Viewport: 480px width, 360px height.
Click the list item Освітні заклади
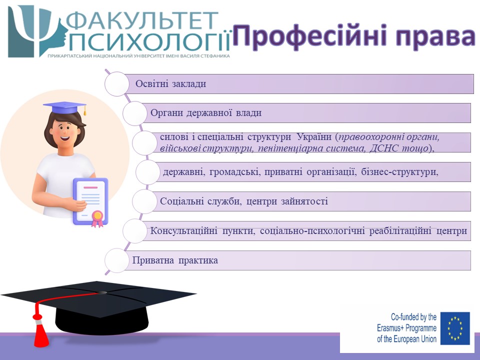tap(171, 83)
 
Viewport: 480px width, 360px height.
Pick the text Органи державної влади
tap(206, 112)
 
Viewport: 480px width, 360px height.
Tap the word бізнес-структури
tap(399, 171)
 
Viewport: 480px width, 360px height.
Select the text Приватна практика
tap(175, 260)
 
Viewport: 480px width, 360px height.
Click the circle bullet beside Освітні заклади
tap(116, 84)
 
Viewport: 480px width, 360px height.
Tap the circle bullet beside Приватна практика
tap(116, 260)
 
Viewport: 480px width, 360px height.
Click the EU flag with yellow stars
tap(455, 328)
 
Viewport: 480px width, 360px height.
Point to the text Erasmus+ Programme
tap(406, 328)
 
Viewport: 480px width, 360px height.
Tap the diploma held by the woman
tap(90, 201)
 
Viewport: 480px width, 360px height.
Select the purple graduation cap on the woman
tap(65, 107)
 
